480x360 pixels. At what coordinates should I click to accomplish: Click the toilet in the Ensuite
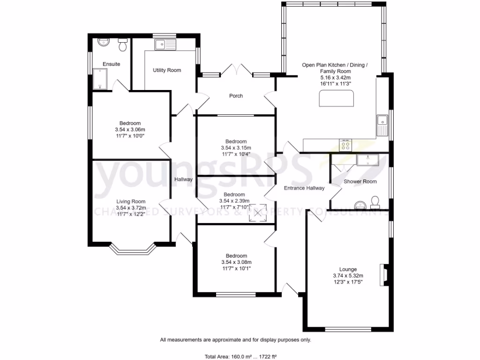point(123,46)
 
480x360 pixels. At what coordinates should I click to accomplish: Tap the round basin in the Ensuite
point(103,42)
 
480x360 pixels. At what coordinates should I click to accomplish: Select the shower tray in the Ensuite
point(100,79)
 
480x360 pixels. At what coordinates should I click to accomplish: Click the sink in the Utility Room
point(165,45)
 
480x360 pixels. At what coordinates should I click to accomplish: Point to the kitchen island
point(337,99)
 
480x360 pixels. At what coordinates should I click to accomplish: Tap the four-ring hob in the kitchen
point(346,145)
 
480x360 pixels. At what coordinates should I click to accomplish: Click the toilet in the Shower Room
point(375,202)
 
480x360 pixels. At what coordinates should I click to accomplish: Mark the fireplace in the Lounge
point(384,275)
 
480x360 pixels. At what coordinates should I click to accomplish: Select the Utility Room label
point(167,70)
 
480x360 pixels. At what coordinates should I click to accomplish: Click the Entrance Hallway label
point(304,188)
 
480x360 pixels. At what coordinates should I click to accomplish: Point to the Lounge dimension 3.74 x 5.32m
point(348,276)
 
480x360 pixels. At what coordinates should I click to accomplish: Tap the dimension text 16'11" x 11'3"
point(336,83)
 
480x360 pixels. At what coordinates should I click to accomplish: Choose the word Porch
point(236,96)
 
